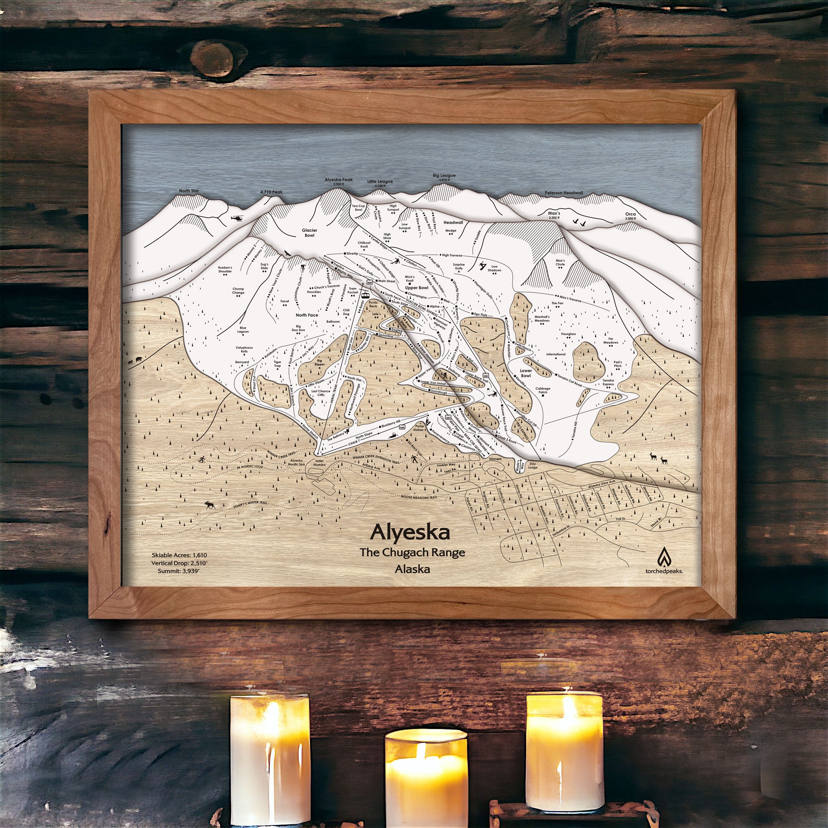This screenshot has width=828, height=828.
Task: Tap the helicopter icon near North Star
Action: pos(237,219)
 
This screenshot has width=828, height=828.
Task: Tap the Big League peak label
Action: pos(444,175)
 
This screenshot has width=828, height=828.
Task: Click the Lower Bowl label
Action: pos(525,373)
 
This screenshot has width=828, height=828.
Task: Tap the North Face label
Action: pos(307,315)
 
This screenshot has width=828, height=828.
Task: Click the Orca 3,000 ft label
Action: pos(630,216)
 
